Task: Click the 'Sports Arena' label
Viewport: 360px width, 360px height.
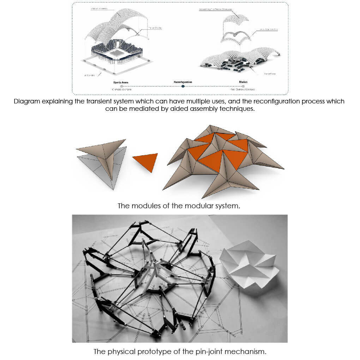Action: (x=121, y=82)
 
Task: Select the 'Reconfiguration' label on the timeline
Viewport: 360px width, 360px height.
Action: (x=182, y=82)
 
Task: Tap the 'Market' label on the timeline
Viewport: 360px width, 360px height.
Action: (x=243, y=82)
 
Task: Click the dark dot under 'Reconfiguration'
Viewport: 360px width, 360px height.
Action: (x=182, y=86)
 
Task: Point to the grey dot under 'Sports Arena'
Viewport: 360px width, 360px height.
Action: (x=121, y=86)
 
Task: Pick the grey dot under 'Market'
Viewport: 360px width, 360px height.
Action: (x=243, y=86)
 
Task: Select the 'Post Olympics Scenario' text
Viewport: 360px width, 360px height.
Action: (x=243, y=90)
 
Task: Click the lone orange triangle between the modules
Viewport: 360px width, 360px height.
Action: (x=146, y=161)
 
